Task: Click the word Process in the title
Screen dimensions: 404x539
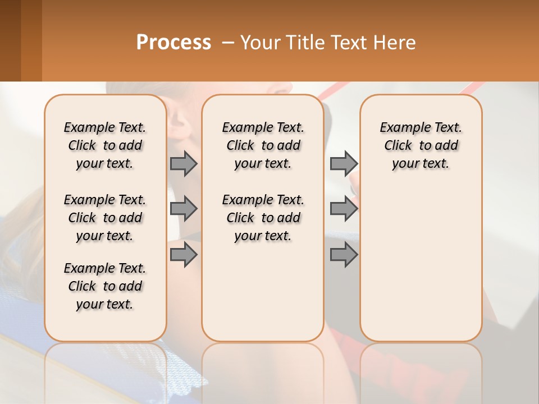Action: [x=173, y=43]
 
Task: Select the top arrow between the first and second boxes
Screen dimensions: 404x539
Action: [x=184, y=163]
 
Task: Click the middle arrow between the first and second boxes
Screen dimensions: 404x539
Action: [x=184, y=209]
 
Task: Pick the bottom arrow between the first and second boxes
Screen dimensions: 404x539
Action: [x=184, y=255]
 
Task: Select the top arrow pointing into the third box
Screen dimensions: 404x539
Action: [x=344, y=163]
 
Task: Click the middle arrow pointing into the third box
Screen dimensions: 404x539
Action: [x=344, y=209]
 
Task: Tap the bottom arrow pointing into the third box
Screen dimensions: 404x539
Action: [x=344, y=255]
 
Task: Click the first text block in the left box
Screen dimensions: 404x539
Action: [x=105, y=145]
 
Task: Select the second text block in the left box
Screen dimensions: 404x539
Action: [x=105, y=218]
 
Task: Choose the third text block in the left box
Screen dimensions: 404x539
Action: [x=105, y=286]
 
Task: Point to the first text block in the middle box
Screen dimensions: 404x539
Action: [x=263, y=145]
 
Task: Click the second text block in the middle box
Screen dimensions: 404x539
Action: [x=263, y=218]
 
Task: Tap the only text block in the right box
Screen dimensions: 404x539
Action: [x=421, y=145]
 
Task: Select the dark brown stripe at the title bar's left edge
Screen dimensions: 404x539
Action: [x=10, y=40]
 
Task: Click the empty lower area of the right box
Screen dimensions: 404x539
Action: [x=421, y=264]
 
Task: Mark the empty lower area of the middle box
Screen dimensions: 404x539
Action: [x=263, y=292]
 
